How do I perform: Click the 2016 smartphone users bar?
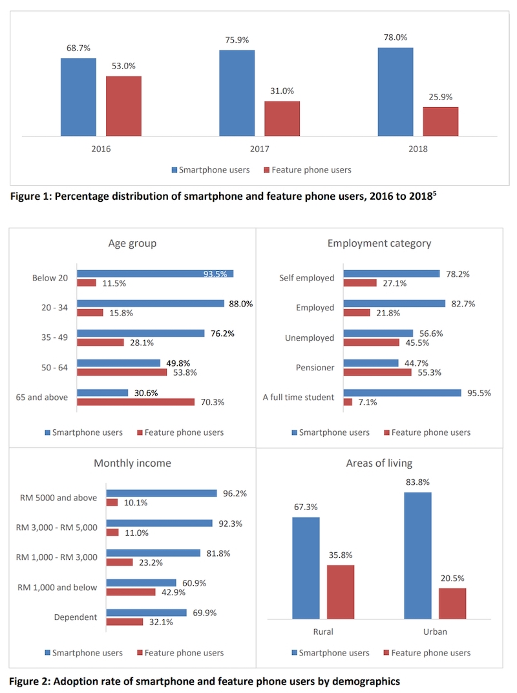tap(78, 97)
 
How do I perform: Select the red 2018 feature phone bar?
tap(440, 122)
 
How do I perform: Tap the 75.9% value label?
tap(237, 38)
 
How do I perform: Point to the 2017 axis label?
tap(259, 149)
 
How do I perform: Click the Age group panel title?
tap(132, 243)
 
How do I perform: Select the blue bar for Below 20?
tap(155, 273)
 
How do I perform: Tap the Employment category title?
tap(379, 243)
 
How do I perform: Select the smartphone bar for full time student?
tap(402, 392)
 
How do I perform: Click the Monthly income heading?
tap(132, 463)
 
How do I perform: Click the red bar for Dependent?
tap(124, 622)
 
